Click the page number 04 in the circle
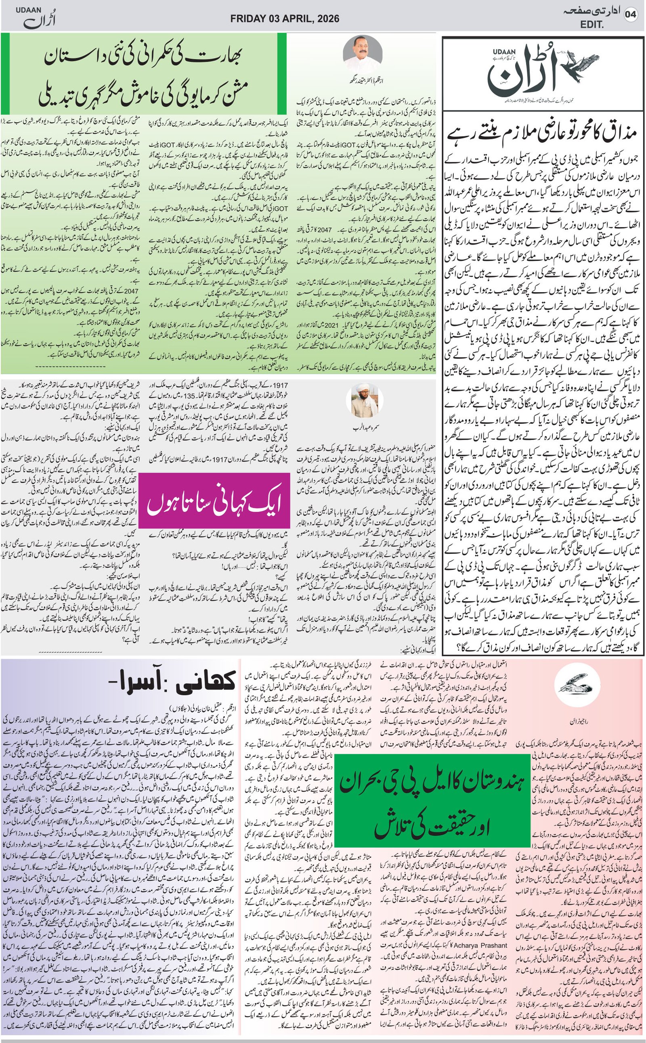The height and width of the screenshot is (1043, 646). [x=630, y=14]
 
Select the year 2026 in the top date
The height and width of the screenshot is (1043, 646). [x=325, y=19]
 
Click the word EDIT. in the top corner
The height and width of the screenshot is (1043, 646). [x=592, y=25]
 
